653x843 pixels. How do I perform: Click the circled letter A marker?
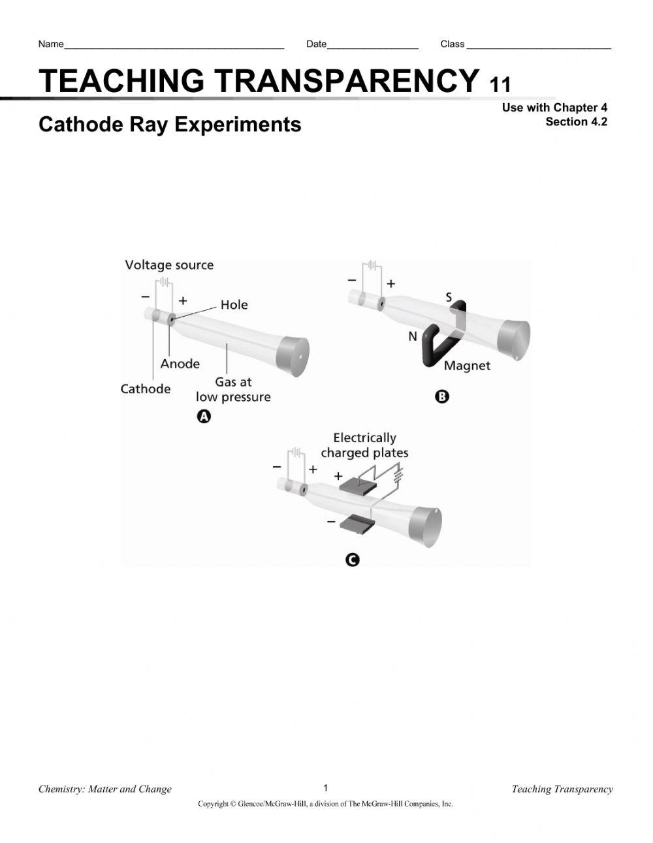point(204,417)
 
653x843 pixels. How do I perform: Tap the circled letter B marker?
point(442,396)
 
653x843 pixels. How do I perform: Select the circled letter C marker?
point(352,560)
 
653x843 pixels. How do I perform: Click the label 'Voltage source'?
point(169,265)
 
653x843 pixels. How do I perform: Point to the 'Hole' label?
point(234,305)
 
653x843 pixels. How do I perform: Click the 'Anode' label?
point(180,364)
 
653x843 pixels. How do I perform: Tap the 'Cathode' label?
point(145,389)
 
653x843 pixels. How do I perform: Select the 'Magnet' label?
point(467,366)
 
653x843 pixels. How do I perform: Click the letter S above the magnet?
point(449,298)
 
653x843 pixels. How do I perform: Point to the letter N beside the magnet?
point(413,336)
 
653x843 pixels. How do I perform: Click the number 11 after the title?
point(500,85)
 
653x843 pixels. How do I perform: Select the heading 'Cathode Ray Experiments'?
point(170,124)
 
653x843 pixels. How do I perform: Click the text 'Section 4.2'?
point(576,122)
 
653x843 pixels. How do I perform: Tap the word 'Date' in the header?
point(316,44)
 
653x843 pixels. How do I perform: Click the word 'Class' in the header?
point(452,44)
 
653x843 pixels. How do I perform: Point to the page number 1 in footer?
point(326,787)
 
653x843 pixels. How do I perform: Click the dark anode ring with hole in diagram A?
point(172,319)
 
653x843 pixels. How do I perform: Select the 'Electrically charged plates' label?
point(364,445)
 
